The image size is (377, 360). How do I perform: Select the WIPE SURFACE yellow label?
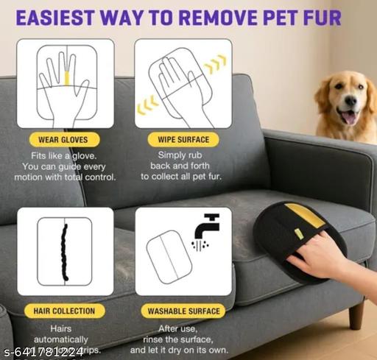183,139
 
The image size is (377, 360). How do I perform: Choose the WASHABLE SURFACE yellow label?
183,311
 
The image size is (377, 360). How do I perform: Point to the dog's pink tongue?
348,117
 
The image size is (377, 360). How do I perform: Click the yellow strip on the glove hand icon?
66,76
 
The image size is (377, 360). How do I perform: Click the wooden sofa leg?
356,314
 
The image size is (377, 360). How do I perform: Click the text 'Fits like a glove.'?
66,156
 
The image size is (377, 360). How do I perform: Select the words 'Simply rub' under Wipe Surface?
183,156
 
